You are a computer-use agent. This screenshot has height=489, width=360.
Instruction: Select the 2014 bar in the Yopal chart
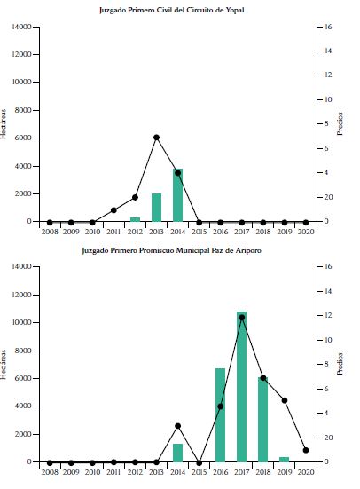(177, 194)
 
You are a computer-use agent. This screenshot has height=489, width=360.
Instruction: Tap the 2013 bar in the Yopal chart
(156, 208)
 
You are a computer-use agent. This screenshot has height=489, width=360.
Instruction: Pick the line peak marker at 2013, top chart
(156, 138)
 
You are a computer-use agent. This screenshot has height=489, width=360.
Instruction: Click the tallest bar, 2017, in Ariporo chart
(241, 387)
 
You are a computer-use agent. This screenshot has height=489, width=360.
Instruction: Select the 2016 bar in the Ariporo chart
(220, 415)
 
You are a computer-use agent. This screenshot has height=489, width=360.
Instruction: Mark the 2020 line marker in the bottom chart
(306, 450)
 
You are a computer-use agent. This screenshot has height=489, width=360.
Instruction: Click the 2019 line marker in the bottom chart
(284, 400)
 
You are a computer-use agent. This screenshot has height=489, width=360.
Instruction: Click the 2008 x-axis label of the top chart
(50, 233)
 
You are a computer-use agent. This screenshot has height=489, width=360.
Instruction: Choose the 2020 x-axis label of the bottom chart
(306, 473)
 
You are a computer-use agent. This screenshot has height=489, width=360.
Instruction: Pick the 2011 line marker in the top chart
(113, 210)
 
